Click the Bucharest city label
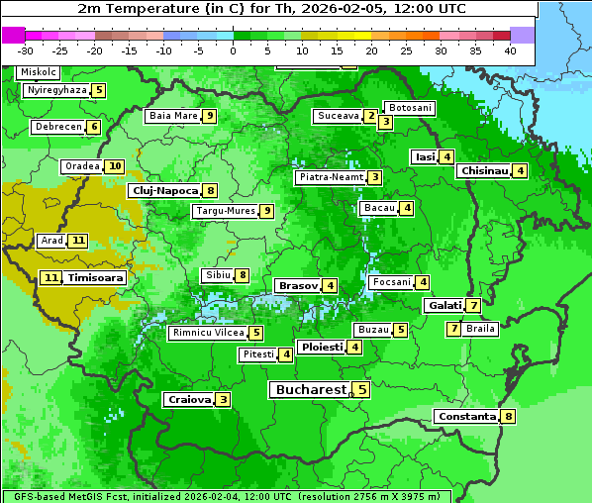click(x=311, y=390)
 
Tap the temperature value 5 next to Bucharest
click(x=362, y=390)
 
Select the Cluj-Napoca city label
click(x=164, y=190)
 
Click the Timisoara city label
click(x=96, y=278)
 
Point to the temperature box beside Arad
click(x=78, y=241)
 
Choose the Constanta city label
click(x=466, y=417)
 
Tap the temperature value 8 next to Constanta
click(x=509, y=417)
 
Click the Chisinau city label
click(x=484, y=170)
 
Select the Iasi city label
click(x=425, y=156)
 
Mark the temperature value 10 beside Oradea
click(x=115, y=166)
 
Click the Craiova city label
click(x=189, y=400)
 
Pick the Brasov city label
click(x=297, y=285)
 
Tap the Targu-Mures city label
click(x=225, y=211)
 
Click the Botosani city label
click(x=410, y=107)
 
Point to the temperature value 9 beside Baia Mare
click(x=210, y=116)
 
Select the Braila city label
click(x=480, y=329)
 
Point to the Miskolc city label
click(x=38, y=72)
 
